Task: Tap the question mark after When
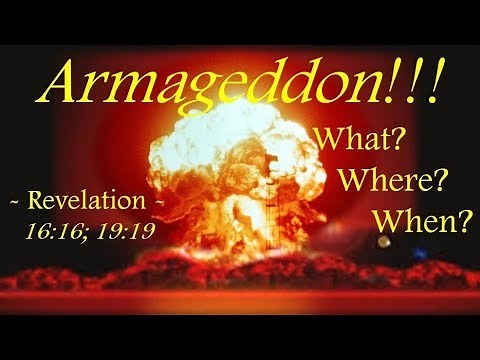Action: (462, 221)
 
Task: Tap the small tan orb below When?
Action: (384, 243)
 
